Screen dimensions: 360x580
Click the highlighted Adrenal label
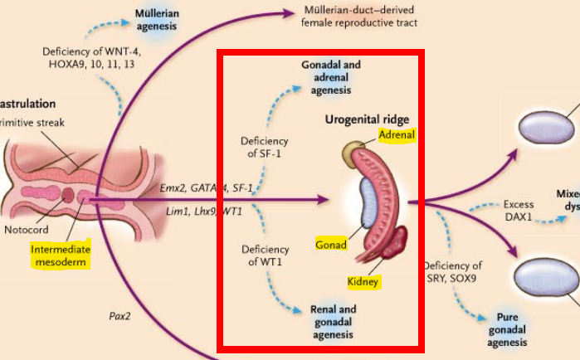click(396, 134)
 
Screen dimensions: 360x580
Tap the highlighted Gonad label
click(331, 245)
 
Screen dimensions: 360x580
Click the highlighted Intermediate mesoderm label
click(59, 255)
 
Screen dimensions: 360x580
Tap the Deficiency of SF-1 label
click(264, 146)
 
